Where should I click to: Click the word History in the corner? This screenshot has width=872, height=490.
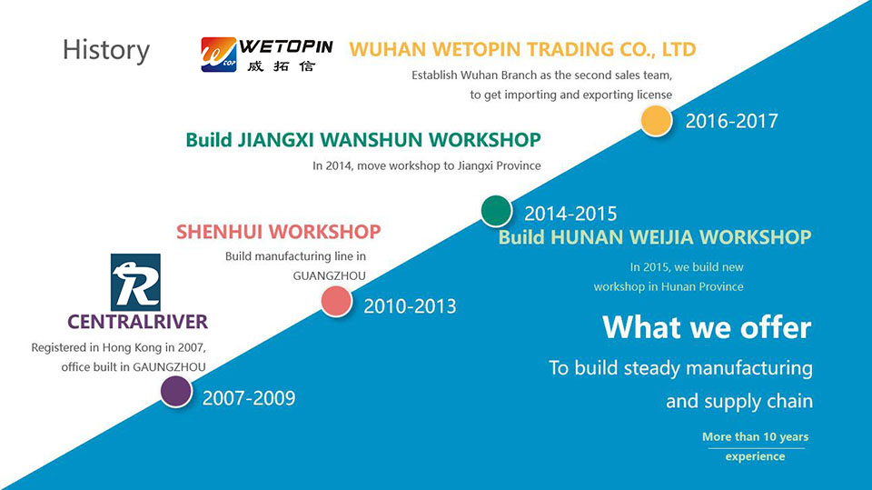[x=105, y=50]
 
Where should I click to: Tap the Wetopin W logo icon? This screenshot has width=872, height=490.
[x=219, y=55]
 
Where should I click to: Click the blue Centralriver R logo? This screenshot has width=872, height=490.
[x=135, y=283]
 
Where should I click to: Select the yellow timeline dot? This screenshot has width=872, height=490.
[x=656, y=121]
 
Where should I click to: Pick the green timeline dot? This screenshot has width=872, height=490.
[x=496, y=211]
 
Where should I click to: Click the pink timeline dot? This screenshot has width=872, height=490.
[x=336, y=302]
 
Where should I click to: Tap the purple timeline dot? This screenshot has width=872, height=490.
[x=176, y=392]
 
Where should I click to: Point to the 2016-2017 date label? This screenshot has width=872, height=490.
[x=731, y=121]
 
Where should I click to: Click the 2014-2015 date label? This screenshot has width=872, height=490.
[x=570, y=214]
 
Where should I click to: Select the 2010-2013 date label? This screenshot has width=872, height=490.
[x=410, y=305]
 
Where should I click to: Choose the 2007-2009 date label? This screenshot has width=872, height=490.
[x=249, y=398]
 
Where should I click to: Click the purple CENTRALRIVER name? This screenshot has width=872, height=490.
[x=137, y=322]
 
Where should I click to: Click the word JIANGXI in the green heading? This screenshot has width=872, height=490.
[x=276, y=140]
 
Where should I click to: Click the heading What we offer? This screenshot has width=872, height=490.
[x=707, y=327]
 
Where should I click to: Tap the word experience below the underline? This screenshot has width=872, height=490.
[x=755, y=456]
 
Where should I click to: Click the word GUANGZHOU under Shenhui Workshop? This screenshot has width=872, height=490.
[x=329, y=275]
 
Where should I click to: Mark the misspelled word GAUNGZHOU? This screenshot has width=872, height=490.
[x=169, y=367]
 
